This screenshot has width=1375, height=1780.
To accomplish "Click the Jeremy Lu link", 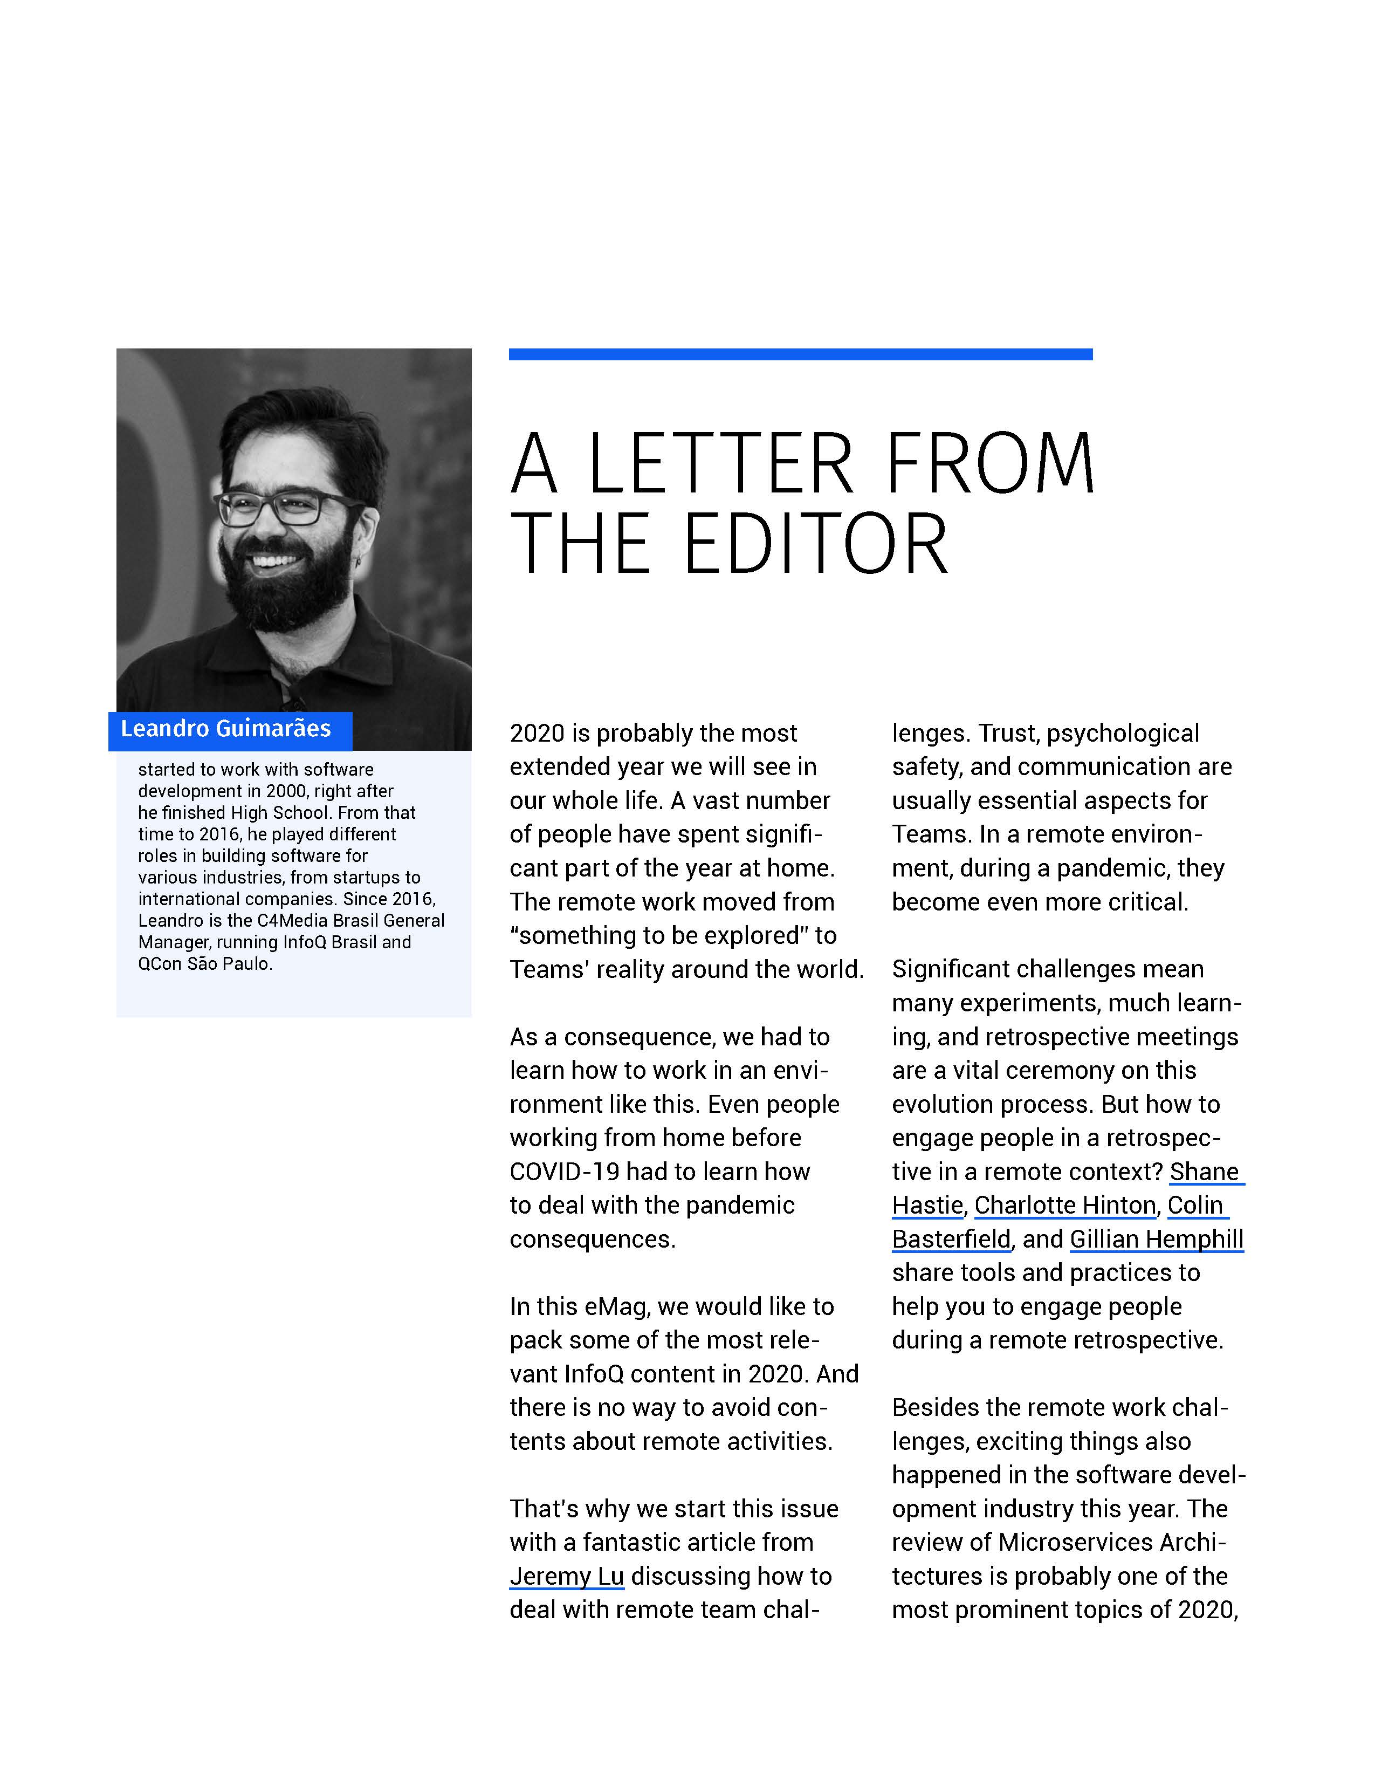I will pos(566,1576).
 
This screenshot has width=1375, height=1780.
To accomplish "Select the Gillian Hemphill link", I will pos(1156,1239).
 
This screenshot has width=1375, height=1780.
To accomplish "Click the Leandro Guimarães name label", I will pos(226,729).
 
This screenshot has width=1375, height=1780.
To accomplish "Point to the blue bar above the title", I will pos(800,354).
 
